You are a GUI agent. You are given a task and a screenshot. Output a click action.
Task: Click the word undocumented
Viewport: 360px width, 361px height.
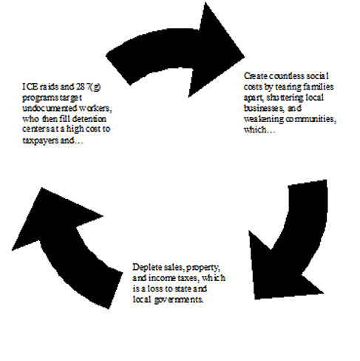coord(50,108)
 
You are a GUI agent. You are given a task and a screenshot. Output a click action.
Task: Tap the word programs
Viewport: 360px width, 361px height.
coord(38,98)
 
